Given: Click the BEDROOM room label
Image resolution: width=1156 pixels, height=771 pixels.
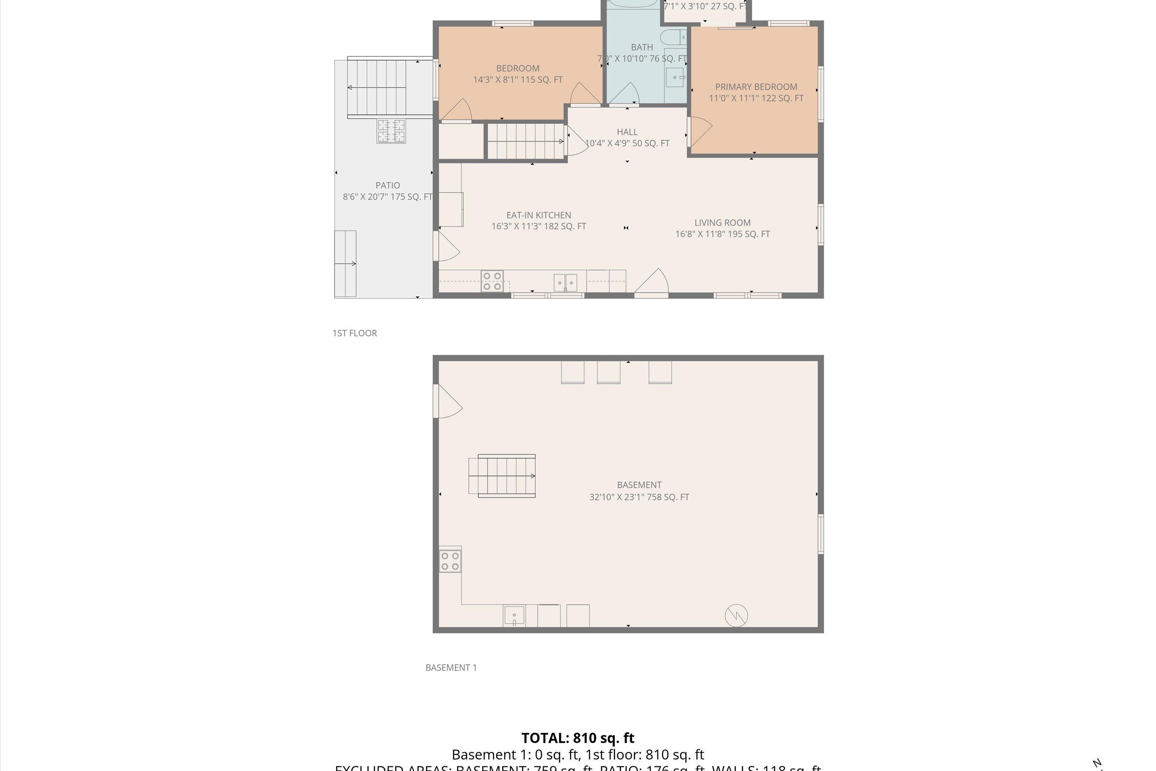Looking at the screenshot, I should click(x=518, y=68).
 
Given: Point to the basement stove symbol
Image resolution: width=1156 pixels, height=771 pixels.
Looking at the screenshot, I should click(x=450, y=561).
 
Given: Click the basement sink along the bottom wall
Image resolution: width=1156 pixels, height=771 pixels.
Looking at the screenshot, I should click(x=514, y=616).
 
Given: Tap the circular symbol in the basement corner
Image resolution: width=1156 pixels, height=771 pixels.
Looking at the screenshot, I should click(x=736, y=615).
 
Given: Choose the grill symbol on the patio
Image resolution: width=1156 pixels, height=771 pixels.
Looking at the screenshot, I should click(x=391, y=131).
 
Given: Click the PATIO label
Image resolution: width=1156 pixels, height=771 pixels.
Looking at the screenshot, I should click(x=387, y=185).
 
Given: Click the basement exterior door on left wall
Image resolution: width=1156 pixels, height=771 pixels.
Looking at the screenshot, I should click(x=446, y=402).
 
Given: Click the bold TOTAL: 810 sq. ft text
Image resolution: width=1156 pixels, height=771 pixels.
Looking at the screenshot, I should click(x=578, y=738).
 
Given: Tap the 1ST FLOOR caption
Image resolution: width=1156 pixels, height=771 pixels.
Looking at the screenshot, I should click(x=355, y=333).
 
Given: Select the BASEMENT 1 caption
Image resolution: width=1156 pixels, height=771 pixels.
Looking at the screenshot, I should click(x=451, y=667).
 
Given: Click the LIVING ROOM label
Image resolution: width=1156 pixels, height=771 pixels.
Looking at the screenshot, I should click(x=722, y=223).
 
